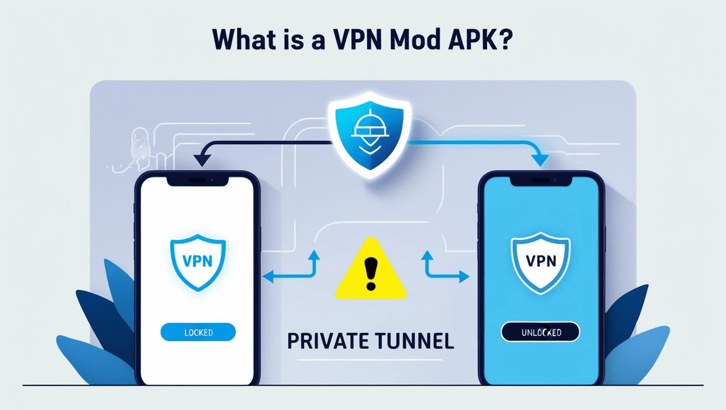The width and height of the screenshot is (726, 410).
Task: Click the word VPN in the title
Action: [355, 40]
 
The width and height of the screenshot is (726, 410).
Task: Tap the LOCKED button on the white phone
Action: [198, 333]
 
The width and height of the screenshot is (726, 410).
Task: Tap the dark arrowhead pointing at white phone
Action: [202, 159]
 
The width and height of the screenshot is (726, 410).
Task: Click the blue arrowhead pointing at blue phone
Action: [540, 159]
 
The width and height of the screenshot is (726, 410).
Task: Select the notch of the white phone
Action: [198, 181]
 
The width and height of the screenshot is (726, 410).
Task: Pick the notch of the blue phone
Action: [541, 181]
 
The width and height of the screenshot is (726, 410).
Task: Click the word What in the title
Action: [245, 40]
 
